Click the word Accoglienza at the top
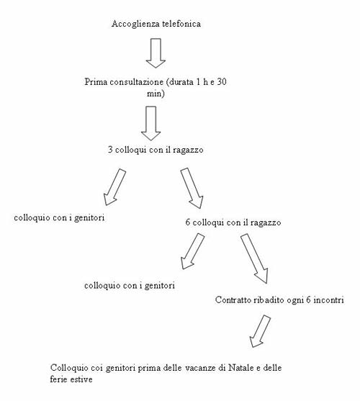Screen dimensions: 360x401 coord(133,24)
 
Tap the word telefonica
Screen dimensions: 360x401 coord(179,24)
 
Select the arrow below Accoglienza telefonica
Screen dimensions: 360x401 coord(156,53)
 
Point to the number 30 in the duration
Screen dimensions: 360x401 coord(222,82)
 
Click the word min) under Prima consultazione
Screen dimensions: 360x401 coord(156,94)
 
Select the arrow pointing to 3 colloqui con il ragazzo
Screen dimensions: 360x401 coord(151,123)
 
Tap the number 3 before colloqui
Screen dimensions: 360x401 coord(110,150)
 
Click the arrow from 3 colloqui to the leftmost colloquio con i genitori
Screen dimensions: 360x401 coord(114,187)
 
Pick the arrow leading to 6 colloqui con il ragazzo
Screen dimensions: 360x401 coord(192,188)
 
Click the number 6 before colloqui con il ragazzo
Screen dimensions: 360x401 coord(188,222)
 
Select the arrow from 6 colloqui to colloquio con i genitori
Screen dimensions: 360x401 coord(192,251)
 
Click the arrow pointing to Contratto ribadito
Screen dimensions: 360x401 coord(254,258)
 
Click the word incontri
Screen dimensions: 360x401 coord(328,299)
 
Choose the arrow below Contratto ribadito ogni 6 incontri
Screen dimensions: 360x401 coord(260,331)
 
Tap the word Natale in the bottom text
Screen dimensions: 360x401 coord(240,368)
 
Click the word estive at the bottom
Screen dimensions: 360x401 coord(81,379)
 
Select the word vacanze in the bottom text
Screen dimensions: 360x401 coord(200,368)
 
